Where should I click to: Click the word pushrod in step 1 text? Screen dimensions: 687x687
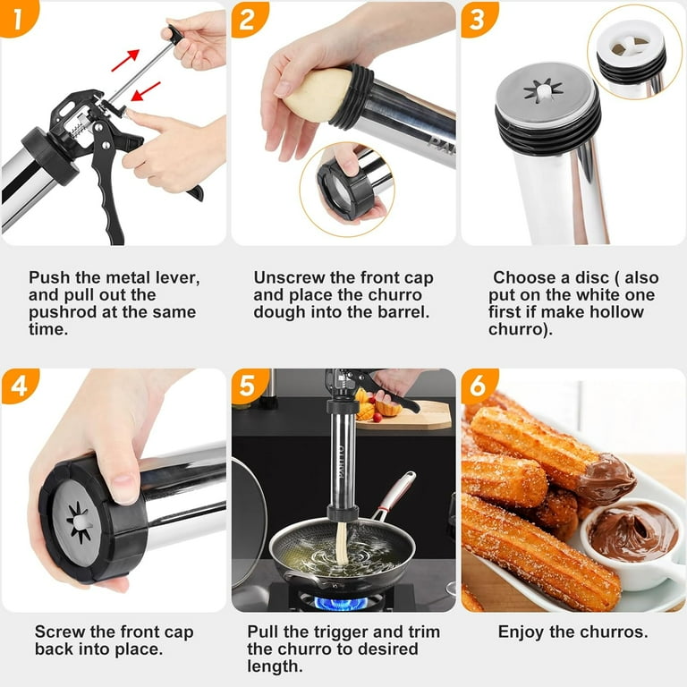(64, 313)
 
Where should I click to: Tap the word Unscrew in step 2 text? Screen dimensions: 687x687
(285, 277)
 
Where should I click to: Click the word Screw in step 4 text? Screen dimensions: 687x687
(58, 632)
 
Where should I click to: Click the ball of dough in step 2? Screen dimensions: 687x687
(315, 96)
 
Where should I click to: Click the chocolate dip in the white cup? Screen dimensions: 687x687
(632, 531)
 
